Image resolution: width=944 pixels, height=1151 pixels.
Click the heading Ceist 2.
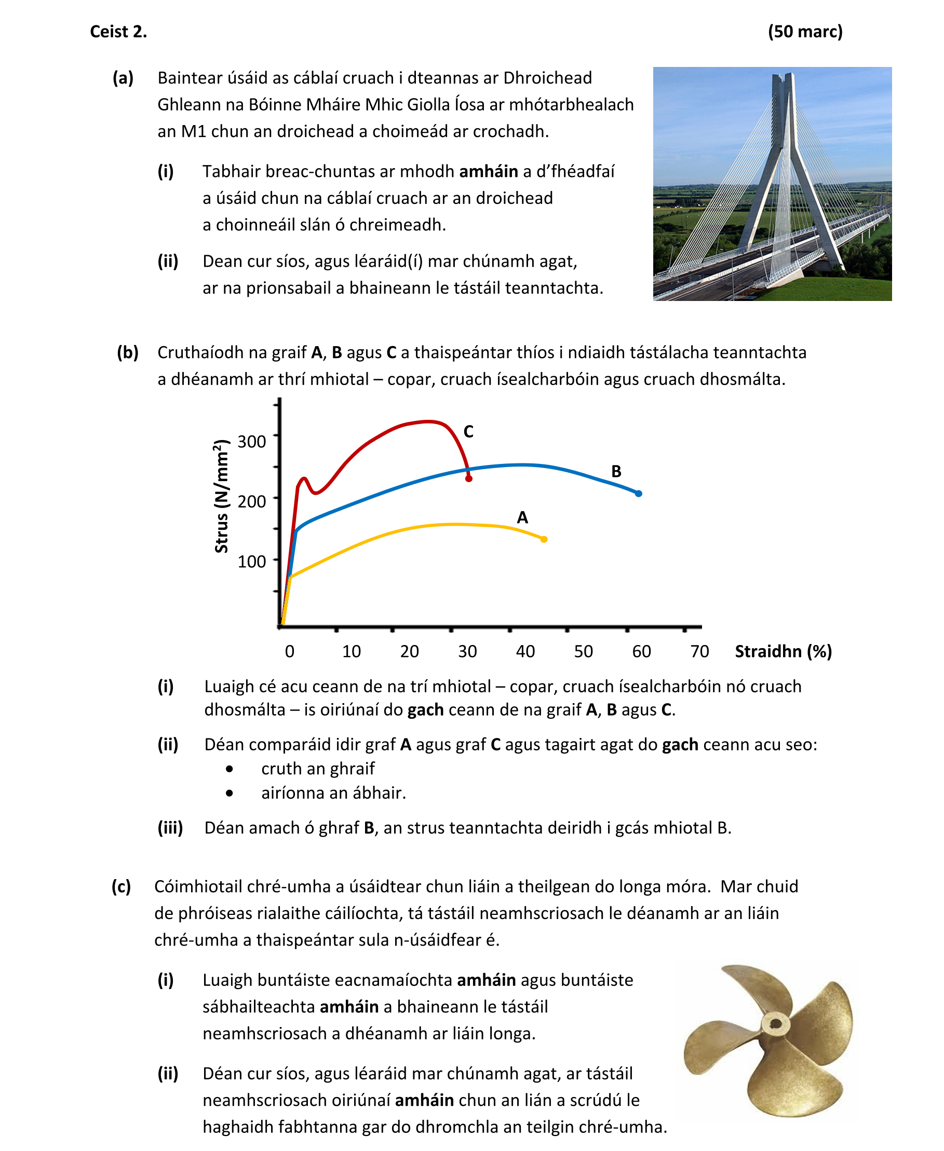click(118, 32)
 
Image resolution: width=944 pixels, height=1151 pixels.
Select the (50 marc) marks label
click(805, 32)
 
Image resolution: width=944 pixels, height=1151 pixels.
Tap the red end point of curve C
click(469, 478)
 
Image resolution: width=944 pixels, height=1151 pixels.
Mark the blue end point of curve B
click(639, 494)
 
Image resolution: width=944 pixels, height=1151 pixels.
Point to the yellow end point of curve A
click(544, 539)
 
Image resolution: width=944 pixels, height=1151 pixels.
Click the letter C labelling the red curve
click(468, 431)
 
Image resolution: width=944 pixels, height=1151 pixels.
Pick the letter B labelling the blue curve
click(616, 471)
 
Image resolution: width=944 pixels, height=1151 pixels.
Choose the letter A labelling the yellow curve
click(522, 517)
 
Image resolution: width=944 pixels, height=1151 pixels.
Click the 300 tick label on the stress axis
click(252, 441)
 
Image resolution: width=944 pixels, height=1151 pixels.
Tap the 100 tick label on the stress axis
click(252, 561)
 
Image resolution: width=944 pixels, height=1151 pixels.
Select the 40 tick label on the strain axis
click(525, 651)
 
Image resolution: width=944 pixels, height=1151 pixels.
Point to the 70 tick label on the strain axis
click(699, 651)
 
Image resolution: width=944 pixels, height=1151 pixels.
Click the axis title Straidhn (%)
click(783, 651)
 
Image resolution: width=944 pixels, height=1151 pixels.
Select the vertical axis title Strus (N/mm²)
click(221, 496)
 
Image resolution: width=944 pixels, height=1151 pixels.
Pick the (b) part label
click(128, 353)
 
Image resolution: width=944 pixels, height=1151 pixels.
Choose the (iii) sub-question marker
click(170, 828)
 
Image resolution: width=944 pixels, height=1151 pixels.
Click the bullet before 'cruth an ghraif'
click(230, 769)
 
